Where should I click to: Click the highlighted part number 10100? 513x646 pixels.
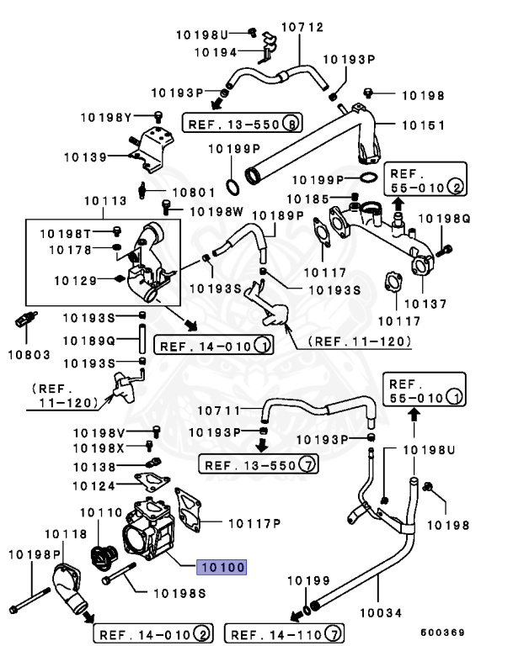pos(222,568)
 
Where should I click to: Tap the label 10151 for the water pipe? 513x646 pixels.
pos(422,124)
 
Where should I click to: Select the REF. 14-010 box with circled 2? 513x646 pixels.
pos(152,633)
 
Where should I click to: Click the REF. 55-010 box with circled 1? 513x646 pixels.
pos(424,389)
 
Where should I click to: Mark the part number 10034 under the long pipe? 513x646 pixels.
pos(378,612)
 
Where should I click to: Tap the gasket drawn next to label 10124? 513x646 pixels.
pos(152,481)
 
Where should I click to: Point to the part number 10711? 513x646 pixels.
pos(219,410)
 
